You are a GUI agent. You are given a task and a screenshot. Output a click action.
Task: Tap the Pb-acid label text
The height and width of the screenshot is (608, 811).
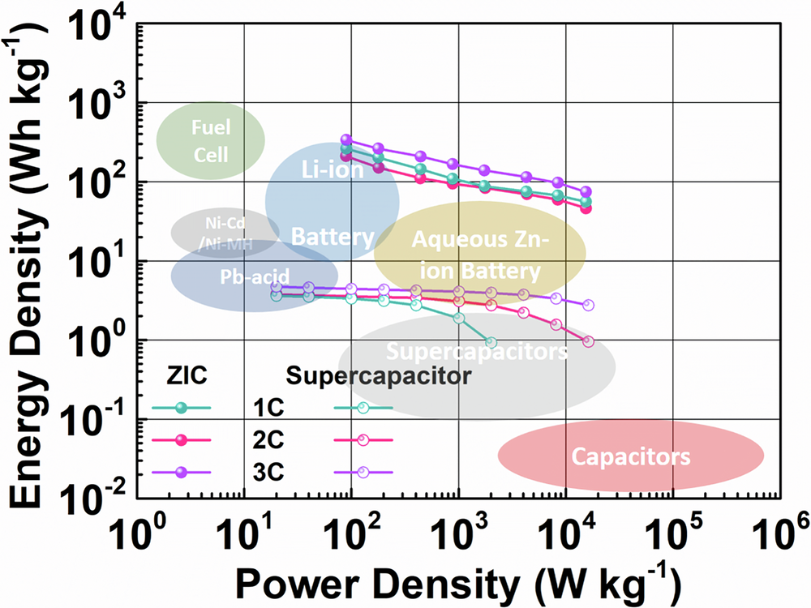pos(254,276)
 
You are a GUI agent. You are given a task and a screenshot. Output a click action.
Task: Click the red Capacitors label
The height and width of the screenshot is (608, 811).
pos(631,456)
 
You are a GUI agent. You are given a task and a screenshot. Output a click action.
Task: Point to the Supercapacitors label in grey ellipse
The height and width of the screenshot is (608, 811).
pos(476,353)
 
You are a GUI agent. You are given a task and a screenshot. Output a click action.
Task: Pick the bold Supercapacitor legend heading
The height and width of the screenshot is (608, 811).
pos(379,376)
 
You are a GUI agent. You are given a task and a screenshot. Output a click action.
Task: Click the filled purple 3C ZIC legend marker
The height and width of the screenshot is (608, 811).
pos(182,472)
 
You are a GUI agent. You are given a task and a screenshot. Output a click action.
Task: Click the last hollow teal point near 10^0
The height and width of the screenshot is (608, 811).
pos(490,342)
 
